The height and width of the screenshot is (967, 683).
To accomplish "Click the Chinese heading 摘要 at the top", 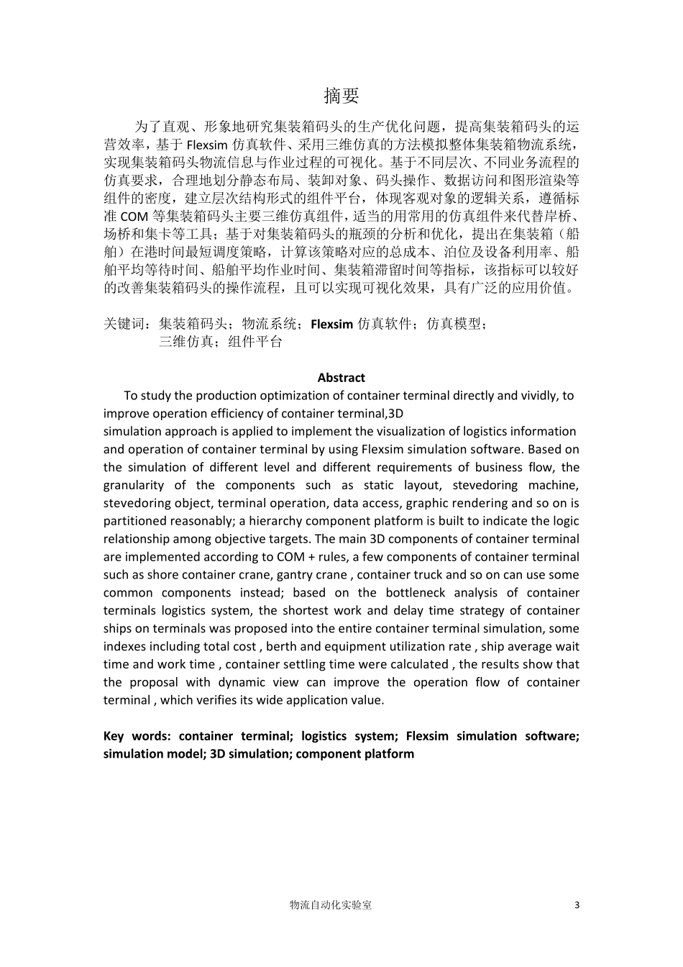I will point(341,96).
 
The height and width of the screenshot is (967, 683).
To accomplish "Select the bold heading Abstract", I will point(341,378).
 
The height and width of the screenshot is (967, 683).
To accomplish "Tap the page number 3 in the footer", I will point(577,905).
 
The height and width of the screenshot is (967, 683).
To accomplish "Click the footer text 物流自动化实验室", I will point(330,905).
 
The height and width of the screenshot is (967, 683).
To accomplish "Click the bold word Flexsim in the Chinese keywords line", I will point(332,324).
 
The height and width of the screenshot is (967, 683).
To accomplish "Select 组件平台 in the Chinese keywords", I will point(255,342).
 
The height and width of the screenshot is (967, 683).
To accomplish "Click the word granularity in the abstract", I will point(134,486).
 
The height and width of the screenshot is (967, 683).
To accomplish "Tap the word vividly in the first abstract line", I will point(534,395).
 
